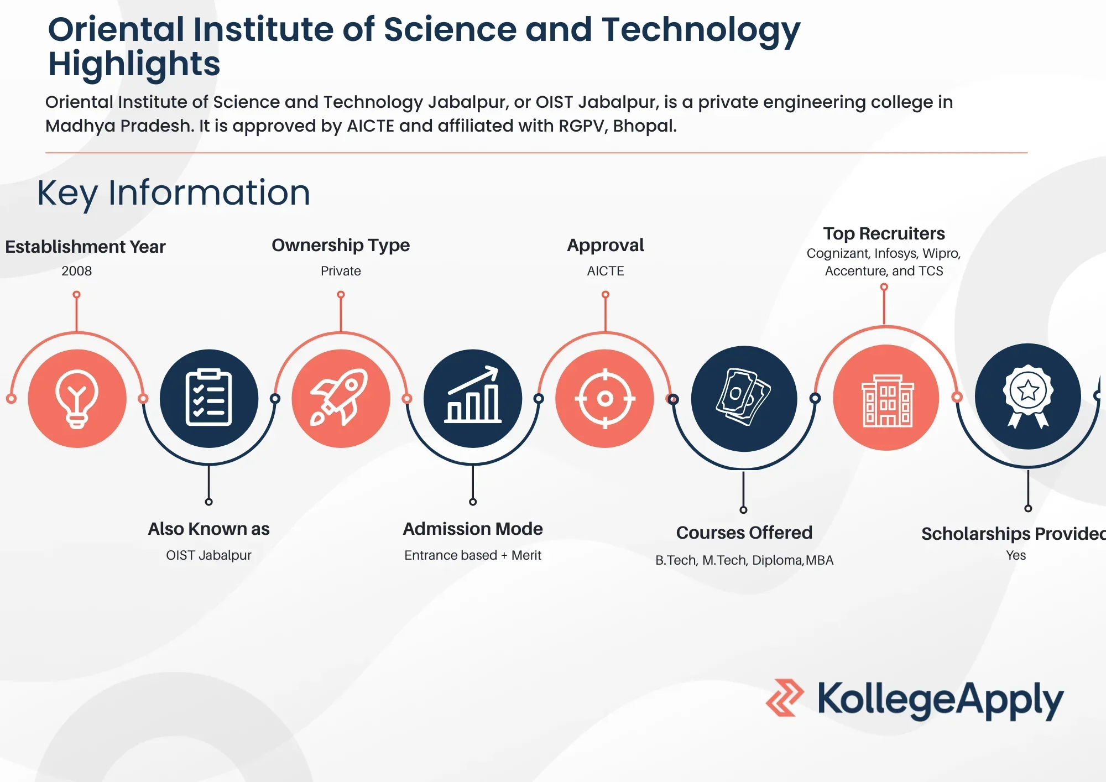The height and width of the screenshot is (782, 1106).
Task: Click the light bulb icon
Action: pyautogui.click(x=77, y=399)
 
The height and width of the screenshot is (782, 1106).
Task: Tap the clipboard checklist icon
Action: pyautogui.click(x=208, y=398)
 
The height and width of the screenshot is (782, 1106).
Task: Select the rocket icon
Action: pyautogui.click(x=341, y=398)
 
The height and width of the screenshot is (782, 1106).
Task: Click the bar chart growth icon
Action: pyautogui.click(x=473, y=397)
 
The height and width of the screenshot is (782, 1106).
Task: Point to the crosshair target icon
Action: pyautogui.click(x=605, y=398)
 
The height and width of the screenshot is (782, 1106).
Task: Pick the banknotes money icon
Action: pyautogui.click(x=744, y=398)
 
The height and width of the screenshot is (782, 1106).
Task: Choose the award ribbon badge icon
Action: pyautogui.click(x=1028, y=396)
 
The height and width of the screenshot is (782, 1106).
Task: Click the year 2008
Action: pyautogui.click(x=77, y=271)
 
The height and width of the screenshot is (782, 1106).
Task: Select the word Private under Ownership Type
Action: pyautogui.click(x=341, y=271)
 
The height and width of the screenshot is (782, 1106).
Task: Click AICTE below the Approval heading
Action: pyautogui.click(x=606, y=271)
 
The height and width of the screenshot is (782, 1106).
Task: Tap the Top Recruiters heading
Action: pyautogui.click(x=884, y=233)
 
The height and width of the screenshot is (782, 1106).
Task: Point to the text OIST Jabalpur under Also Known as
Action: pyautogui.click(x=208, y=555)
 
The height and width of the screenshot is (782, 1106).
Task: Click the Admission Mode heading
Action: pyautogui.click(x=473, y=529)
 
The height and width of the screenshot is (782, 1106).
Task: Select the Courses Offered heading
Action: pyautogui.click(x=744, y=533)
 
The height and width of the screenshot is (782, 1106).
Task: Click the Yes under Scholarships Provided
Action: pyautogui.click(x=1016, y=555)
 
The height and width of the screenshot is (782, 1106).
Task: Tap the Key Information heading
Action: pyautogui.click(x=174, y=193)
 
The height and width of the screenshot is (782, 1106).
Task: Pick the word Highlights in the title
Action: pyautogui.click(x=134, y=64)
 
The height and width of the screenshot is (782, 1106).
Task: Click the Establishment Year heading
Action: pyautogui.click(x=85, y=247)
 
